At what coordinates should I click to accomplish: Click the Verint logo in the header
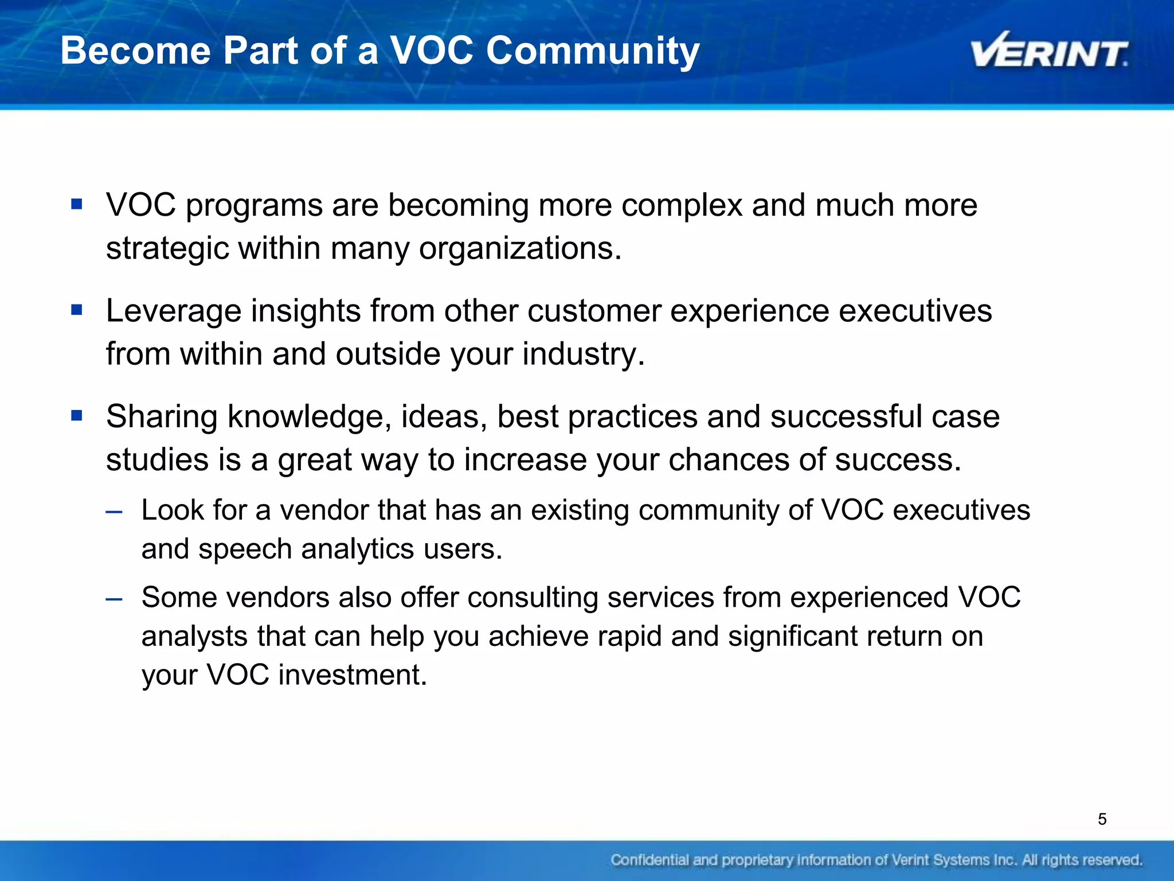click(1049, 52)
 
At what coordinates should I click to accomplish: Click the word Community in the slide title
click(593, 50)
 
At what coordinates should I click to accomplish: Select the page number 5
click(1102, 819)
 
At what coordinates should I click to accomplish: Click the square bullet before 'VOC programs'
click(77, 204)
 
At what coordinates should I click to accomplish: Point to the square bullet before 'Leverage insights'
click(77, 310)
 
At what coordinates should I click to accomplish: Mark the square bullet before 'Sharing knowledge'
click(77, 415)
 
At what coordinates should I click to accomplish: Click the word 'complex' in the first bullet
click(682, 205)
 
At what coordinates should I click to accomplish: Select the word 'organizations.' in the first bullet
click(520, 249)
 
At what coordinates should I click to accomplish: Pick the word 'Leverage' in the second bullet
click(174, 311)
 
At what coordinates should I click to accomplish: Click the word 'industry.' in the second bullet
click(583, 354)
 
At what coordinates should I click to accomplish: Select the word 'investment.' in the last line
click(353, 675)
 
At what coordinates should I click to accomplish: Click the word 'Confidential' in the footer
click(649, 860)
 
